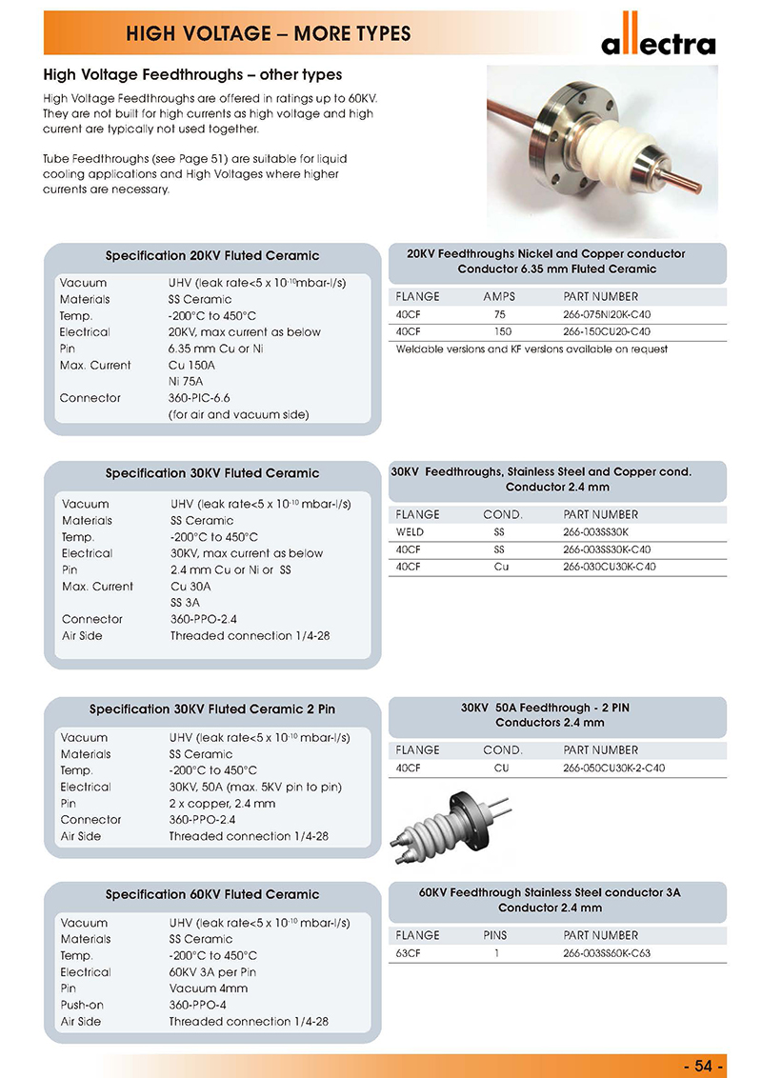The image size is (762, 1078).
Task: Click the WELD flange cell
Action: [x=409, y=531]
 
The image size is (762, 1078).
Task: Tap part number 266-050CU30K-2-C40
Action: [x=613, y=768]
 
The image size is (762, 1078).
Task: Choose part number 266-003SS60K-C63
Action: [x=607, y=953]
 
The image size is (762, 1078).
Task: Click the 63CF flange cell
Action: [x=408, y=953]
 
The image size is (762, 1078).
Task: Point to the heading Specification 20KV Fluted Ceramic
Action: [x=212, y=256]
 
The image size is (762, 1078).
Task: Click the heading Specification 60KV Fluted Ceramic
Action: [x=212, y=894]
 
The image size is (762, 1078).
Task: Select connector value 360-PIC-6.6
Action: [x=200, y=398]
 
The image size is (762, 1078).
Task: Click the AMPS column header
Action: [x=499, y=297]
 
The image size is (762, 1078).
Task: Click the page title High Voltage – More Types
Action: [x=269, y=35]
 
